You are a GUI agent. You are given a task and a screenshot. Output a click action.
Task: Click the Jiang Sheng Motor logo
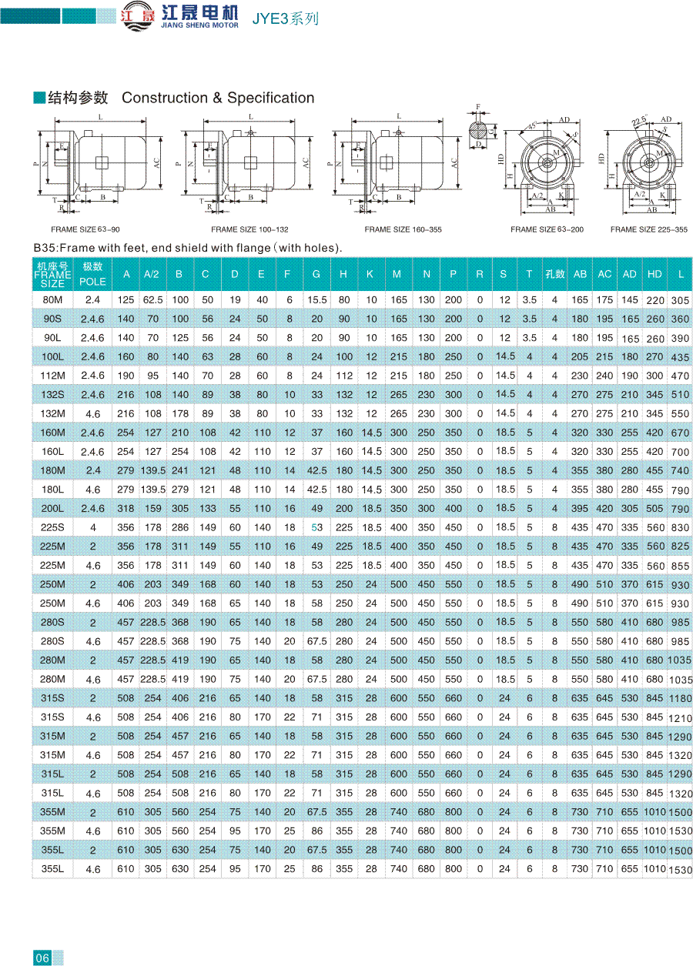point(179,16)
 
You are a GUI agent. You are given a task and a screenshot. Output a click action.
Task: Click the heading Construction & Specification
point(218,98)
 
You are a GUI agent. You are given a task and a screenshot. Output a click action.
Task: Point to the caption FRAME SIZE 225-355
point(649,229)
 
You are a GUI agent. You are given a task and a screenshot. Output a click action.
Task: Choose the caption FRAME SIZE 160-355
point(403,229)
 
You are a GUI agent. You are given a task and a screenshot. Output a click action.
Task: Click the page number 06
point(42,958)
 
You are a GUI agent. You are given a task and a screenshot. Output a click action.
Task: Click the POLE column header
point(92,282)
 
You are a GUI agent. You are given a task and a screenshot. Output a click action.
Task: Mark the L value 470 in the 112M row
point(680,376)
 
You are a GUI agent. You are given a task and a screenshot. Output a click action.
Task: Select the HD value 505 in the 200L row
point(654,509)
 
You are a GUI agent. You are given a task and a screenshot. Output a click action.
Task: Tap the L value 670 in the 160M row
point(680,433)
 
